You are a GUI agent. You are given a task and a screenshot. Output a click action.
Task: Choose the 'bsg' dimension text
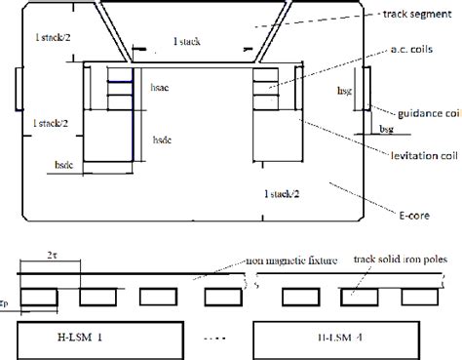tap(385, 128)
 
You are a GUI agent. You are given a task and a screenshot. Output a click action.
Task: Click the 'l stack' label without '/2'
tap(187, 43)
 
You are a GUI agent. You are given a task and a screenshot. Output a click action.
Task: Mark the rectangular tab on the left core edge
tap(17, 90)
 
